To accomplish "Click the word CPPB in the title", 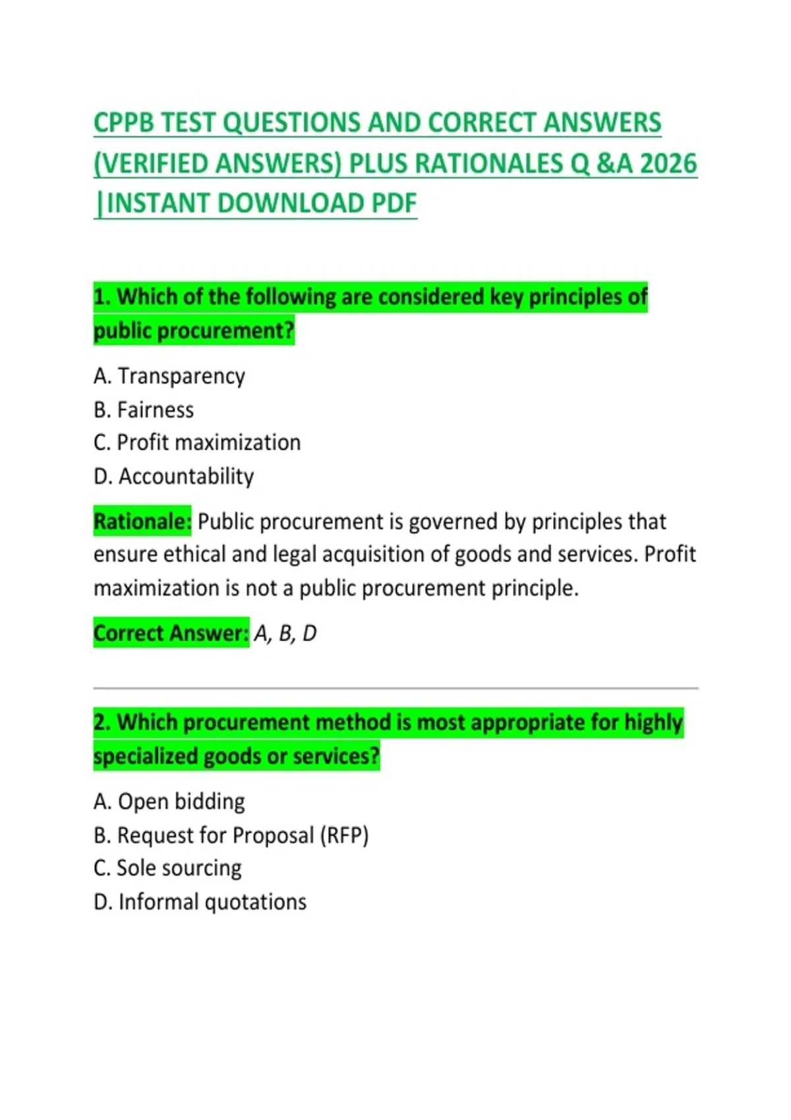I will tap(125, 123).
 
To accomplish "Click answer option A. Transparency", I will tap(169, 376).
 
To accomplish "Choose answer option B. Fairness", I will tap(144, 410).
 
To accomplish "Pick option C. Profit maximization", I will tap(197, 443).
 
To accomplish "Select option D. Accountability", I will tap(174, 476).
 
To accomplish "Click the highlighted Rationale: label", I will tap(142, 522).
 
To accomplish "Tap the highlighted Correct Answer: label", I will tap(171, 633).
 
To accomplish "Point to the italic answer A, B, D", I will tap(285, 634).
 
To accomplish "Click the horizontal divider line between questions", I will tap(395, 688).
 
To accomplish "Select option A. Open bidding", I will tap(169, 802).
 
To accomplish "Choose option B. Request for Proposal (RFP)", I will tap(231, 835).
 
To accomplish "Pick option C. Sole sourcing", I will tap(167, 868).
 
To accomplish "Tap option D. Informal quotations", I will tap(200, 902).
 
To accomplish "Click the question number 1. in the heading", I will tap(102, 297).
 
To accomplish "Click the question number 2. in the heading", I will tap(102, 723).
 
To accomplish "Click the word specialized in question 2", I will tap(146, 756).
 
